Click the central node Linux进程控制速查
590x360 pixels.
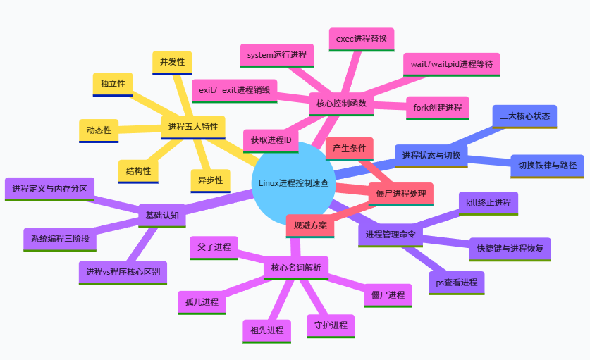click(x=293, y=183)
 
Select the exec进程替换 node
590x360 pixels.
click(x=362, y=38)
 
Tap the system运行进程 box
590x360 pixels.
click(x=276, y=55)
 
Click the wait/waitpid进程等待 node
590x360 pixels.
click(x=451, y=63)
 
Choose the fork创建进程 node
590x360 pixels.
click(x=437, y=107)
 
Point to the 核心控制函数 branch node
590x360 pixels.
click(x=341, y=104)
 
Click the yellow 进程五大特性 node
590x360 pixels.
click(x=192, y=127)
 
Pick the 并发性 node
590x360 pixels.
click(x=172, y=62)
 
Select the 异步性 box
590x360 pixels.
click(x=209, y=180)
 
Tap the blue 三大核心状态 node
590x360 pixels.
click(x=524, y=116)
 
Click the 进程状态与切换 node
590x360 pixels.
click(x=431, y=156)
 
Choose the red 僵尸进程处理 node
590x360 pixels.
click(x=400, y=194)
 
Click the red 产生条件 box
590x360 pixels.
click(x=349, y=149)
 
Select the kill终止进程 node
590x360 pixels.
click(x=488, y=203)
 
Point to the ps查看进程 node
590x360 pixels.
click(x=456, y=283)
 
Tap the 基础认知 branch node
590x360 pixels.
click(x=162, y=215)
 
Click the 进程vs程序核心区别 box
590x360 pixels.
click(x=123, y=271)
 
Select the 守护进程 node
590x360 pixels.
click(x=331, y=325)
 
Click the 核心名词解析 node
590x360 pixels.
click(x=295, y=268)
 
